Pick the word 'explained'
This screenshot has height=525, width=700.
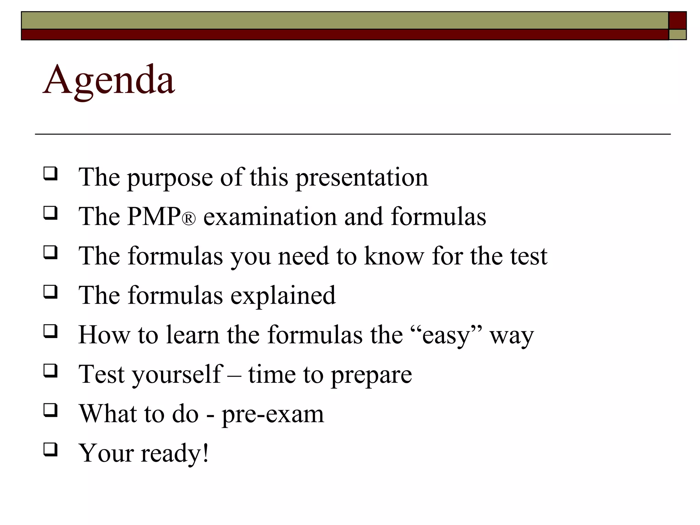point(283,295)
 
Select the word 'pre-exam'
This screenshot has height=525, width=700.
point(273,414)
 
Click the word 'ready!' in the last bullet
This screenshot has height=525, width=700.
point(175,453)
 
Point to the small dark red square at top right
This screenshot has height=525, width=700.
point(677,20)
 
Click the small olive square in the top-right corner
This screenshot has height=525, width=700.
point(677,35)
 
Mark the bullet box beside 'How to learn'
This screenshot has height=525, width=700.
point(50,331)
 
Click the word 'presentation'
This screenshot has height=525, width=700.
point(362,178)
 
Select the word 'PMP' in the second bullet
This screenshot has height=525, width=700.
point(154,217)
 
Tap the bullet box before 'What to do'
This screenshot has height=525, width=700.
point(50,410)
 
